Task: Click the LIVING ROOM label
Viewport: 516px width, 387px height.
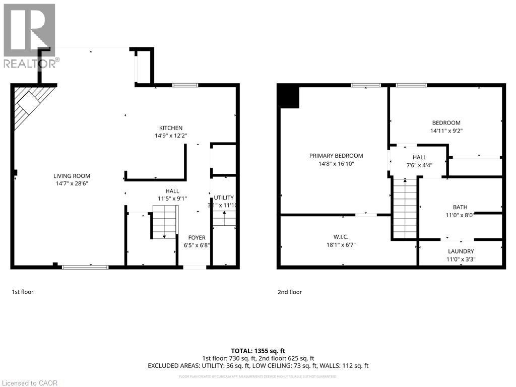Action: pyautogui.click(x=72, y=176)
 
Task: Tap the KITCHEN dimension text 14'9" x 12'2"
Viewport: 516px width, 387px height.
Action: pyautogui.click(x=171, y=136)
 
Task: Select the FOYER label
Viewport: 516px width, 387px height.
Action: pyautogui.click(x=197, y=238)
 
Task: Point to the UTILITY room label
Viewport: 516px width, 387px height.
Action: pyautogui.click(x=224, y=198)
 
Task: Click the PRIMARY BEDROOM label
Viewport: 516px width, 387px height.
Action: pyautogui.click(x=336, y=156)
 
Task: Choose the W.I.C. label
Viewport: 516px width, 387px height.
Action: pyautogui.click(x=341, y=237)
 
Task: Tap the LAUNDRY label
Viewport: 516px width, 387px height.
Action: pyautogui.click(x=461, y=251)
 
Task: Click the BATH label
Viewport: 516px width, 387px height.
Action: pyautogui.click(x=460, y=207)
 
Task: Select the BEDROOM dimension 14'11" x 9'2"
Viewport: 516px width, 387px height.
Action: pyautogui.click(x=446, y=131)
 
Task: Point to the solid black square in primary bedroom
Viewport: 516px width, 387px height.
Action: pyautogui.click(x=289, y=97)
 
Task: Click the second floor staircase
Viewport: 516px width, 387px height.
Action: pyautogui.click(x=405, y=209)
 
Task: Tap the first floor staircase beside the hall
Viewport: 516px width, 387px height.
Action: pyautogui.click(x=164, y=225)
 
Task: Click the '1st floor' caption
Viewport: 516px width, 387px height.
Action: pyautogui.click(x=23, y=292)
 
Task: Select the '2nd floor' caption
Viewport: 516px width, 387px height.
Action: pyautogui.click(x=290, y=292)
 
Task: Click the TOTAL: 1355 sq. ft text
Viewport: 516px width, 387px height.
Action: pyautogui.click(x=258, y=351)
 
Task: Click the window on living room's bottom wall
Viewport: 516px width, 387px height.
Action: pyautogui.click(x=85, y=267)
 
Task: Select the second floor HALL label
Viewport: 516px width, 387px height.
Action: pyautogui.click(x=419, y=157)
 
